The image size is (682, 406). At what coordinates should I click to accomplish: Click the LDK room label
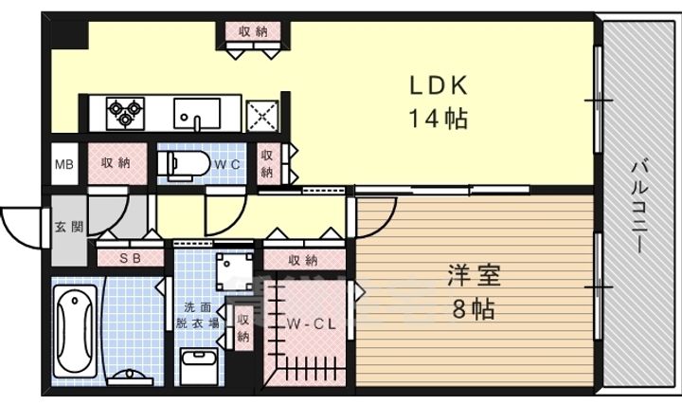[x=438, y=86]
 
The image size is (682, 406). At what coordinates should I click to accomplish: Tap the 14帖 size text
[x=439, y=120]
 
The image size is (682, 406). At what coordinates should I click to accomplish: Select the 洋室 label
[x=474, y=278]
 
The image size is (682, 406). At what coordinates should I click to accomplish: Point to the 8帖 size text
[x=474, y=309]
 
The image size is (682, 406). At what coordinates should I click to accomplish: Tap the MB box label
[x=63, y=164]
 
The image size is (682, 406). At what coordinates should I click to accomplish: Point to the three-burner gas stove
[x=124, y=113]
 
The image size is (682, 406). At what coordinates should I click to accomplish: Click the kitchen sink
[x=197, y=114]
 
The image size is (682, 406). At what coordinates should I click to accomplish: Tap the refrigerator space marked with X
[x=261, y=115]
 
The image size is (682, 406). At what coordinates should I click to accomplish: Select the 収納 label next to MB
[x=117, y=163]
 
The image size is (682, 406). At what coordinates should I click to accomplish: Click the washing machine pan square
[x=232, y=271]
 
